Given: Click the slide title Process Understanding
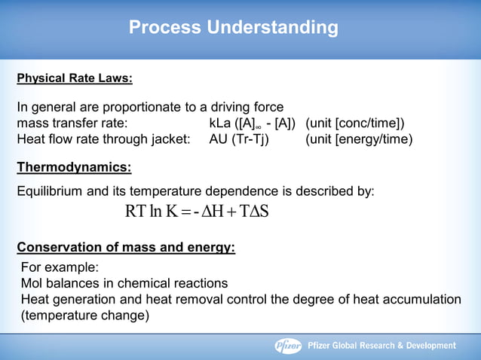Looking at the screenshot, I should coord(234,28).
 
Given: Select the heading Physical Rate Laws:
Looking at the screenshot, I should coord(75,78).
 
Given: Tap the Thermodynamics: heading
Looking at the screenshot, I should coord(74,166).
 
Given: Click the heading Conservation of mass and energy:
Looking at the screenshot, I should coord(126,246).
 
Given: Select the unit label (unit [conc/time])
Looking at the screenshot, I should coord(355,123).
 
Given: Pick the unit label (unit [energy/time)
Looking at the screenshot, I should coord(359,139).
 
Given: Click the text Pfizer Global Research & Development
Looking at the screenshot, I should coord(382,346).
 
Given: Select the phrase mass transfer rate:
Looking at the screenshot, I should coord(72,123).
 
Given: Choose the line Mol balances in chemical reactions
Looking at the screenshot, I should coord(124,283).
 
